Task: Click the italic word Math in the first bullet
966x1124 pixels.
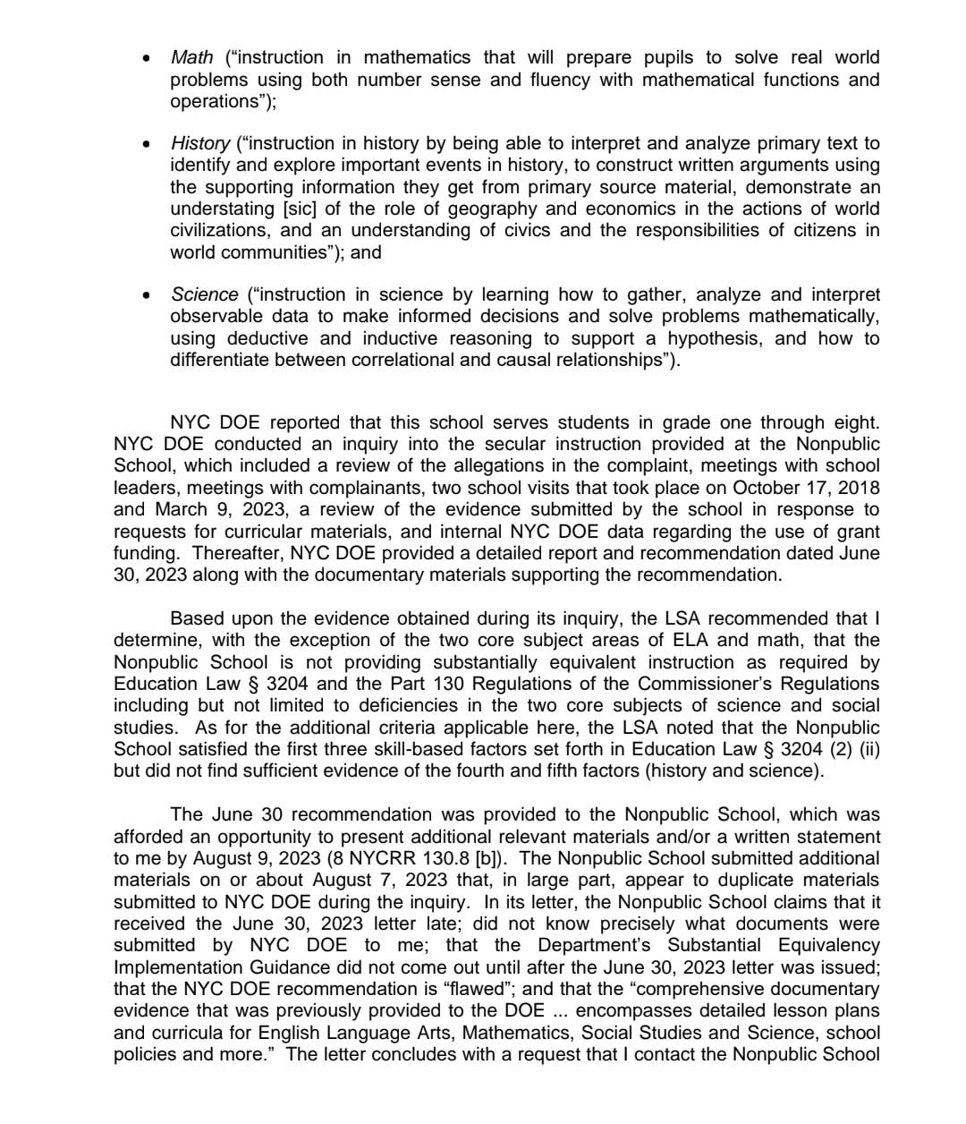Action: (191, 57)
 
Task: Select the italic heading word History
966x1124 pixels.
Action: (200, 143)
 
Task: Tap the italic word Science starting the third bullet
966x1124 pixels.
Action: (205, 294)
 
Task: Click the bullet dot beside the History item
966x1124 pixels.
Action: (145, 143)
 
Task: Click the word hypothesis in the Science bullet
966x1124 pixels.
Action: (712, 338)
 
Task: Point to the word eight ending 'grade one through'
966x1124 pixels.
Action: (858, 422)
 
